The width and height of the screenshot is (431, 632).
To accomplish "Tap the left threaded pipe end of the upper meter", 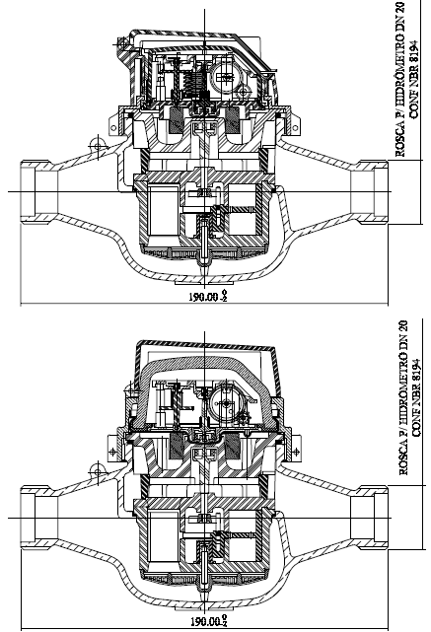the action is click(x=36, y=191).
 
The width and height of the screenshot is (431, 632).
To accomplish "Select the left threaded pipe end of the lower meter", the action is click(x=36, y=517).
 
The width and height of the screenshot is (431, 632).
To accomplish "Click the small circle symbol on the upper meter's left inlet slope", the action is click(x=97, y=144).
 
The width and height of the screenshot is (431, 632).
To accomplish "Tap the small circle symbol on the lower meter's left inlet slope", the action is click(x=97, y=469).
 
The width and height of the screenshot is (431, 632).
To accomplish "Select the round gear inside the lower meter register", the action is click(x=225, y=403).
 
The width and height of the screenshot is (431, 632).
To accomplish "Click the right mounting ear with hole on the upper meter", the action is click(x=295, y=124).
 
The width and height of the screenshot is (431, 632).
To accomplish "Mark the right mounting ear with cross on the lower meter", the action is click(x=296, y=451).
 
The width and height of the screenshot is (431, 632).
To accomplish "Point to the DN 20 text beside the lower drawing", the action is click(x=402, y=335).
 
